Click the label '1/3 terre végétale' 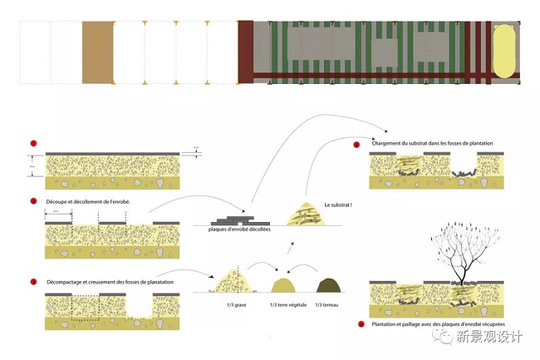(286, 305)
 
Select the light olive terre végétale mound (285, 285)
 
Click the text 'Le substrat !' (337, 205)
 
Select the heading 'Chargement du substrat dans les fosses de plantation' (433, 144)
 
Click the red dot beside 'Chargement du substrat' (355, 145)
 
